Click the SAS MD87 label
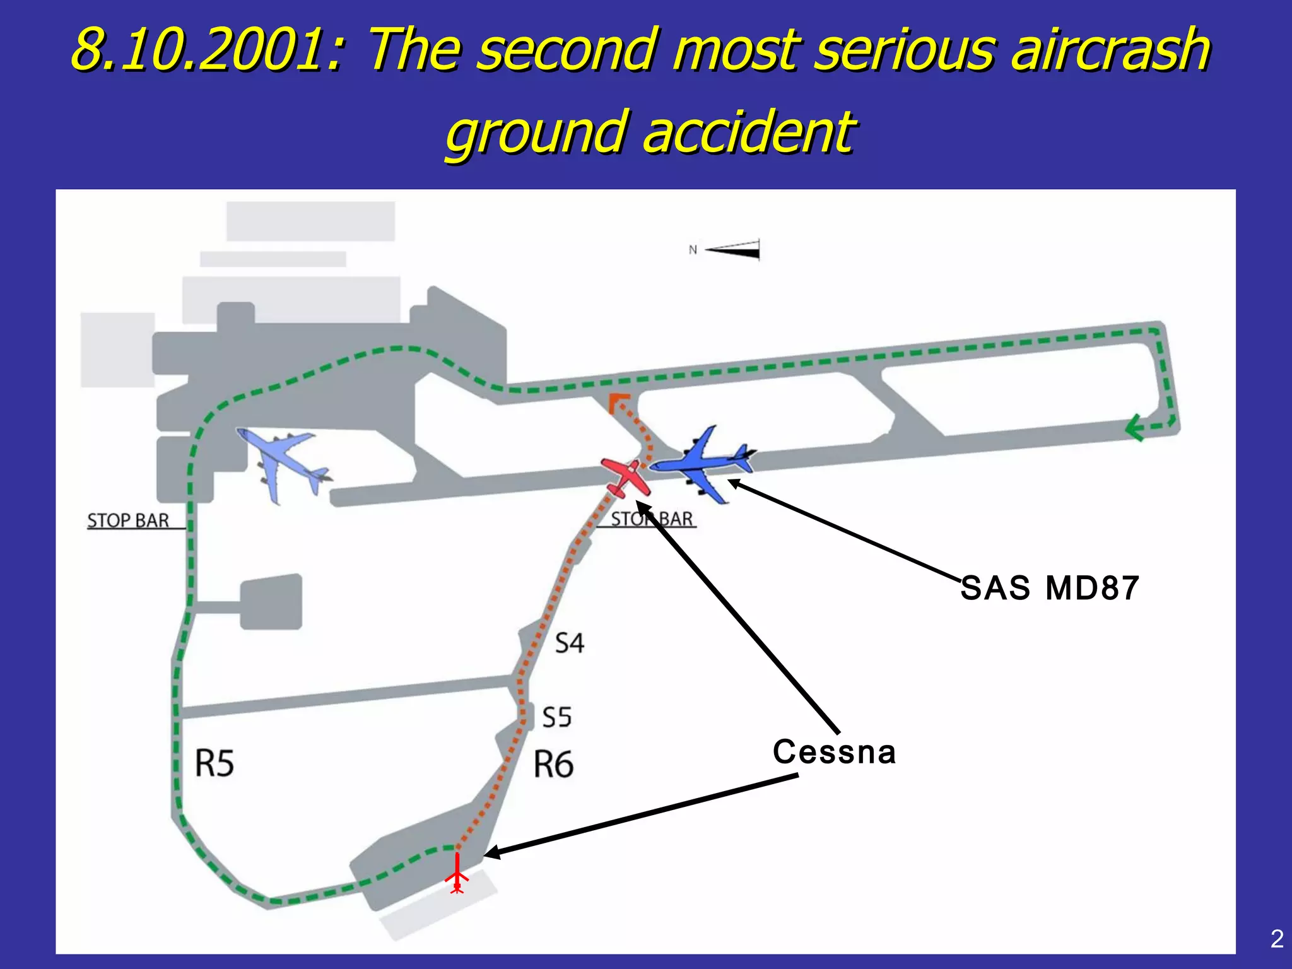tap(1050, 588)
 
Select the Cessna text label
tap(834, 752)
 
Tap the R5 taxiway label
tap(214, 763)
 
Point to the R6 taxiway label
tap(553, 765)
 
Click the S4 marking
tap(569, 643)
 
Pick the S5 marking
tap(557, 718)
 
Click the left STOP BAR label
tap(128, 521)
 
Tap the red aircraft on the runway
tap(625, 478)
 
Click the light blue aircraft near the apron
tap(284, 464)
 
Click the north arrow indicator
tap(733, 250)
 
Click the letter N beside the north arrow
tap(693, 250)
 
